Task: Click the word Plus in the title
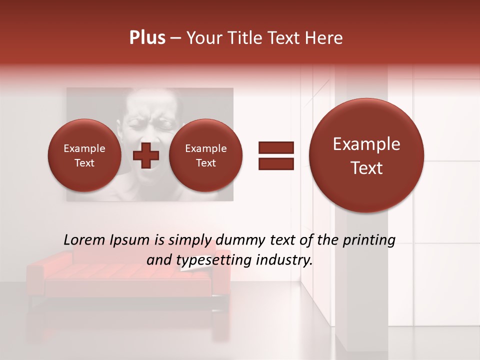pyautogui.click(x=147, y=38)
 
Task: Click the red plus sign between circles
pyautogui.click(x=145, y=156)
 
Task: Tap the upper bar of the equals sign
pyautogui.click(x=276, y=147)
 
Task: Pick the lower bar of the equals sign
pyautogui.click(x=276, y=164)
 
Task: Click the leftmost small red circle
pyautogui.click(x=84, y=156)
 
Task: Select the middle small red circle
pyautogui.click(x=205, y=156)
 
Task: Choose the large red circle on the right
pyautogui.click(x=366, y=155)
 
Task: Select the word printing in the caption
pyautogui.click(x=369, y=240)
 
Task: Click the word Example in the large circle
pyautogui.click(x=366, y=144)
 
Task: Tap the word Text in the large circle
pyautogui.click(x=366, y=168)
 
